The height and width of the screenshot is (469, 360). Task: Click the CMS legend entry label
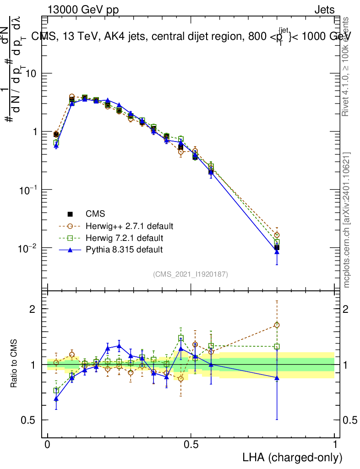[95, 214]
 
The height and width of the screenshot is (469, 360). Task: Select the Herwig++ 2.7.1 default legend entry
[129, 226]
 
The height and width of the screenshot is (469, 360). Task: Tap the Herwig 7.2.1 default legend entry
[124, 238]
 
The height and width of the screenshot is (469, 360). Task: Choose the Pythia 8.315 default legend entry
[124, 250]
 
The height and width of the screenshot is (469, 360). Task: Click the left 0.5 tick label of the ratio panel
[28, 420]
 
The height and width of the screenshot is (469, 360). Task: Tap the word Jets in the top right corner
[324, 10]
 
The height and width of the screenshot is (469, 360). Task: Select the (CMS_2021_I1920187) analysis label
[191, 274]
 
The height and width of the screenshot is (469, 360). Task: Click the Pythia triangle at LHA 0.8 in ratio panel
[277, 378]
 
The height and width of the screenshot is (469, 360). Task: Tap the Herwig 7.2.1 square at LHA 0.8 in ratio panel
[277, 347]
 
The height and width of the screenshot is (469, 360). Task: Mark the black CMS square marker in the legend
[71, 214]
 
